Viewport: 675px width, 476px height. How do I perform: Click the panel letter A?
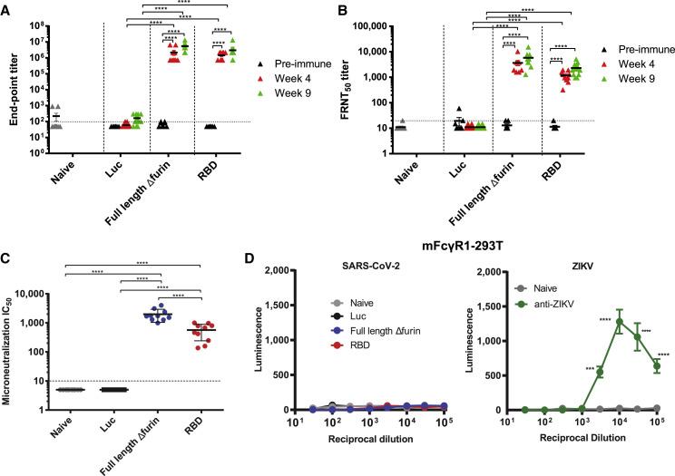click(x=6, y=8)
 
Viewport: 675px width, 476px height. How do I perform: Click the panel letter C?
click(x=6, y=250)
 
